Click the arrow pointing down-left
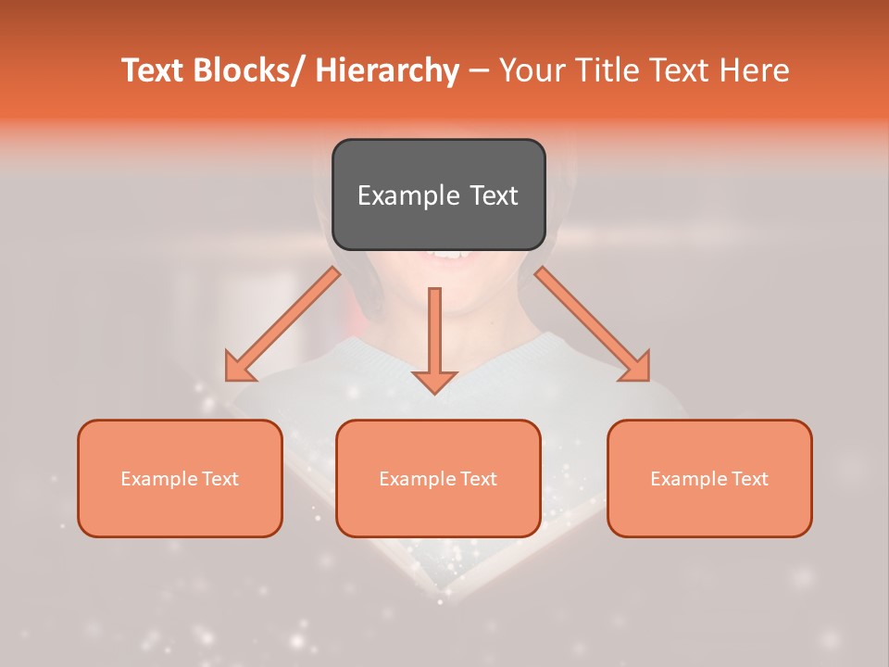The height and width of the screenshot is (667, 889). click(x=283, y=324)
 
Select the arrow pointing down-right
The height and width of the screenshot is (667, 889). click(x=593, y=324)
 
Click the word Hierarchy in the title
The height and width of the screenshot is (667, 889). click(x=387, y=71)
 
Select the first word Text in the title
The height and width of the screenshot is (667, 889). click(x=155, y=71)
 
